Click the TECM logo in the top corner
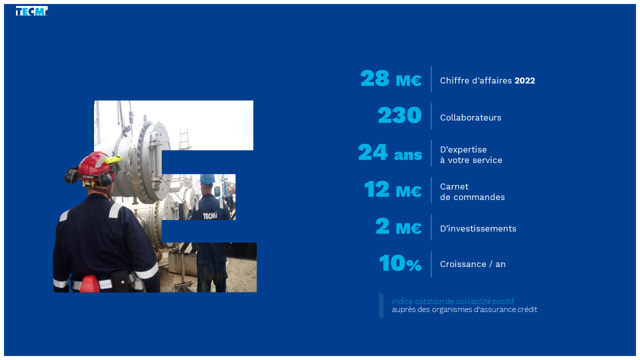click(31, 11)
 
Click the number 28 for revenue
click(374, 78)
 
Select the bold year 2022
click(524, 80)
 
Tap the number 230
click(399, 115)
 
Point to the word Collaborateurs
click(470, 117)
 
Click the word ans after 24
click(408, 155)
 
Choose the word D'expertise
click(463, 149)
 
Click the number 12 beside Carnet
click(376, 189)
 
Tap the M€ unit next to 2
click(408, 228)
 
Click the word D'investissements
click(478, 228)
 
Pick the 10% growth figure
click(400, 263)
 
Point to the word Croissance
click(463, 264)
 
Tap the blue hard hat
click(207, 179)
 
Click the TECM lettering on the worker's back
click(210, 215)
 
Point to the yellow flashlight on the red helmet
click(113, 159)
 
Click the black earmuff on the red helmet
click(71, 175)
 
